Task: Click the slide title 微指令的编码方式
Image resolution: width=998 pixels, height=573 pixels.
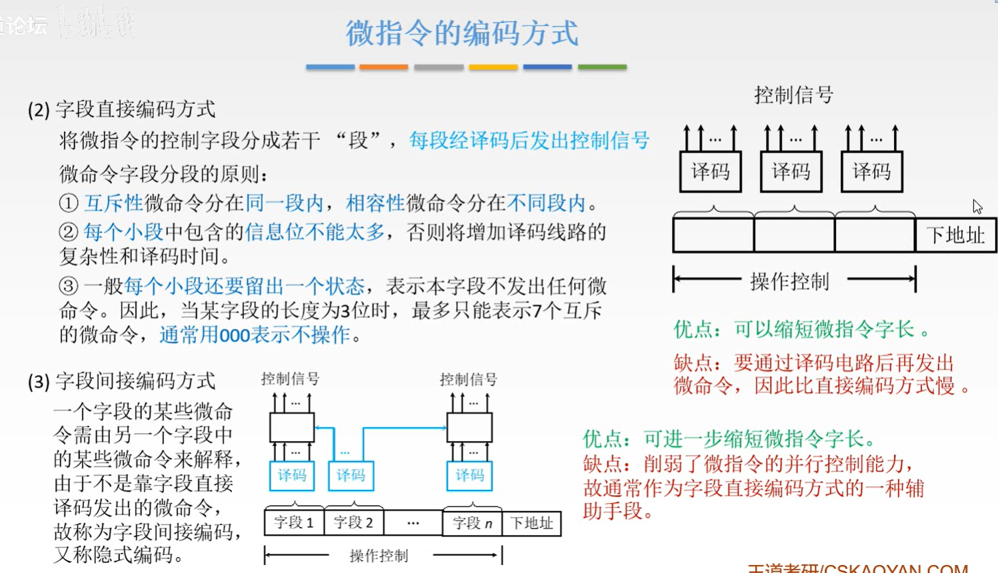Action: [462, 33]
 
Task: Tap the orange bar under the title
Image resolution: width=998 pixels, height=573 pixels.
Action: [383, 67]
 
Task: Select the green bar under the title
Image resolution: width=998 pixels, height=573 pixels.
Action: [602, 67]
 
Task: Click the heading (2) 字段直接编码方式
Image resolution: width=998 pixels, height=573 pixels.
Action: [121, 109]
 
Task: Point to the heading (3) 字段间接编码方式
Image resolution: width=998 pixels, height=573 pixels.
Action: [121, 381]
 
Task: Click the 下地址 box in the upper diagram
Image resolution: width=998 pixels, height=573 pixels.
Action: [955, 235]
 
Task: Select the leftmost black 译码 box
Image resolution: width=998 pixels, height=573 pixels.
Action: [711, 172]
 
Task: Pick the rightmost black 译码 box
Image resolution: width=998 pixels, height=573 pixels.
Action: [871, 172]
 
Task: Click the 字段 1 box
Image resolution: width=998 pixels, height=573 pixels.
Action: [294, 523]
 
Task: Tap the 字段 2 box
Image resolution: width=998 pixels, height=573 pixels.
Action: [353, 523]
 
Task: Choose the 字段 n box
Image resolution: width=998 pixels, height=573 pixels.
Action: [472, 524]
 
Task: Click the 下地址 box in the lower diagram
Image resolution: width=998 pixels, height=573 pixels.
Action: [531, 524]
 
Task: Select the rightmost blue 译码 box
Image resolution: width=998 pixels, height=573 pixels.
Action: [469, 475]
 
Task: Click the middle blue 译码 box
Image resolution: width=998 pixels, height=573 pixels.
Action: [351, 475]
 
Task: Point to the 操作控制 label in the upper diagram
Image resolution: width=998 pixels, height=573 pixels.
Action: [789, 282]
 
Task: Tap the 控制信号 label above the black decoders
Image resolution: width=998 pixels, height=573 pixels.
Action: [793, 95]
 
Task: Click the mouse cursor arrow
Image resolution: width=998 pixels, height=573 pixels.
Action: [977, 207]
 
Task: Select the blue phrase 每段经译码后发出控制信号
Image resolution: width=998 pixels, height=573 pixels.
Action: [529, 141]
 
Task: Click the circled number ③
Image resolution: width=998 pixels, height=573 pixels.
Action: [68, 286]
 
